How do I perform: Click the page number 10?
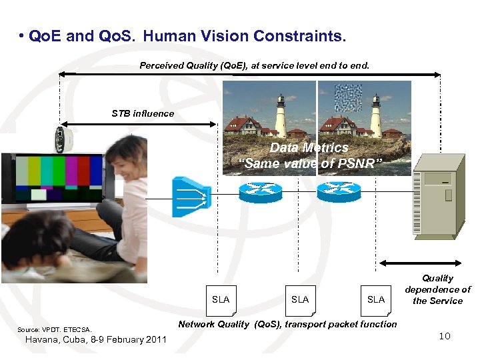[444, 336]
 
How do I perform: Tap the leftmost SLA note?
[221, 300]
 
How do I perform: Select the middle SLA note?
[300, 300]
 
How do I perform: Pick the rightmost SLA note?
[376, 300]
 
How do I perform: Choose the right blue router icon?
[339, 191]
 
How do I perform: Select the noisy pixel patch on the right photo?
[347, 98]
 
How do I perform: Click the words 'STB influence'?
[143, 113]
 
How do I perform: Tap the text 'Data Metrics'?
[309, 148]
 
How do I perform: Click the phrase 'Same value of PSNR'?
[310, 164]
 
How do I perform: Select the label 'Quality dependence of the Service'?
[437, 289]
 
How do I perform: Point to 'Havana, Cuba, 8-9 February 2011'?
[95, 339]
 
